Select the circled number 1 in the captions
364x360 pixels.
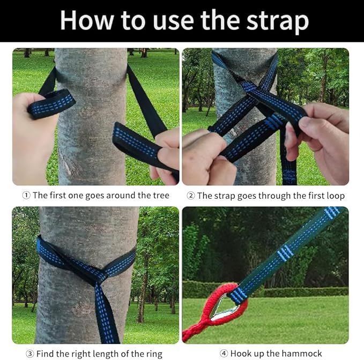point(26,196)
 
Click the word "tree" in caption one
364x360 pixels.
point(159,196)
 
